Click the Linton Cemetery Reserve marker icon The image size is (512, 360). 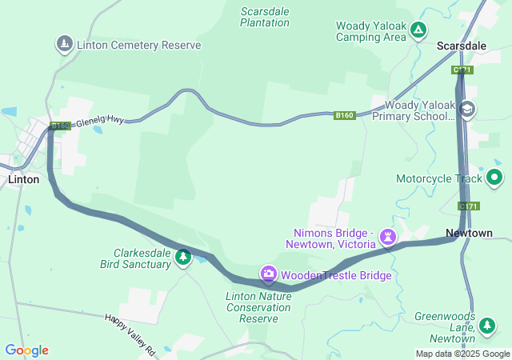pyautogui.click(x=64, y=43)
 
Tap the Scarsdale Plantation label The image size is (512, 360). pyautogui.click(x=265, y=17)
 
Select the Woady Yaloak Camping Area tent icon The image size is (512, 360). pyautogui.click(x=418, y=30)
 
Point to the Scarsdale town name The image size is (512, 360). pyautogui.click(x=462, y=46)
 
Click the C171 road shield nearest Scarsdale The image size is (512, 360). pyautogui.click(x=462, y=70)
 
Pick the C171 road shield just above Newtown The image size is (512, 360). pyautogui.click(x=469, y=206)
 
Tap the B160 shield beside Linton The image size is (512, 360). pyautogui.click(x=60, y=126)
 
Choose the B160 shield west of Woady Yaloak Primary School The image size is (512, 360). pyautogui.click(x=344, y=116)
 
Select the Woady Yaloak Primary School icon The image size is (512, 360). pyautogui.click(x=467, y=110)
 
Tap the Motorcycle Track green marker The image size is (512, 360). pyautogui.click(x=495, y=177)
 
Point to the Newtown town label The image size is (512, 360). pyautogui.click(x=469, y=233)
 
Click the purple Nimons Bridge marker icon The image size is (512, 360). pyautogui.click(x=389, y=236)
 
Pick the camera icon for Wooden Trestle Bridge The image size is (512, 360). pyautogui.click(x=268, y=274)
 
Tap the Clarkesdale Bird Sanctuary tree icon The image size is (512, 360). pyautogui.click(x=184, y=257)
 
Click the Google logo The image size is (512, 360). pyautogui.click(x=26, y=350)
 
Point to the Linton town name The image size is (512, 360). pyautogui.click(x=23, y=179)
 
